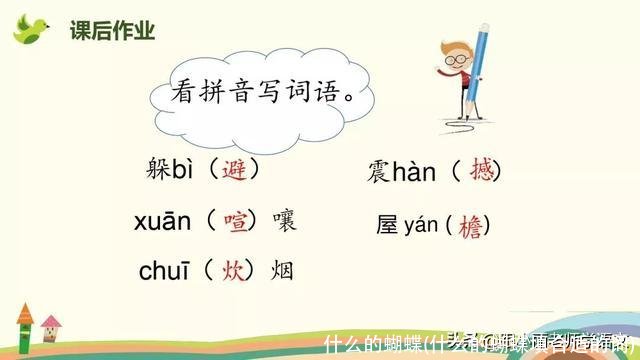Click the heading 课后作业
coord(112,31)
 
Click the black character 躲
coord(158,169)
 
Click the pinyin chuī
coord(164,269)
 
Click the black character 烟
coord(282,269)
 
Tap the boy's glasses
coord(457,60)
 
